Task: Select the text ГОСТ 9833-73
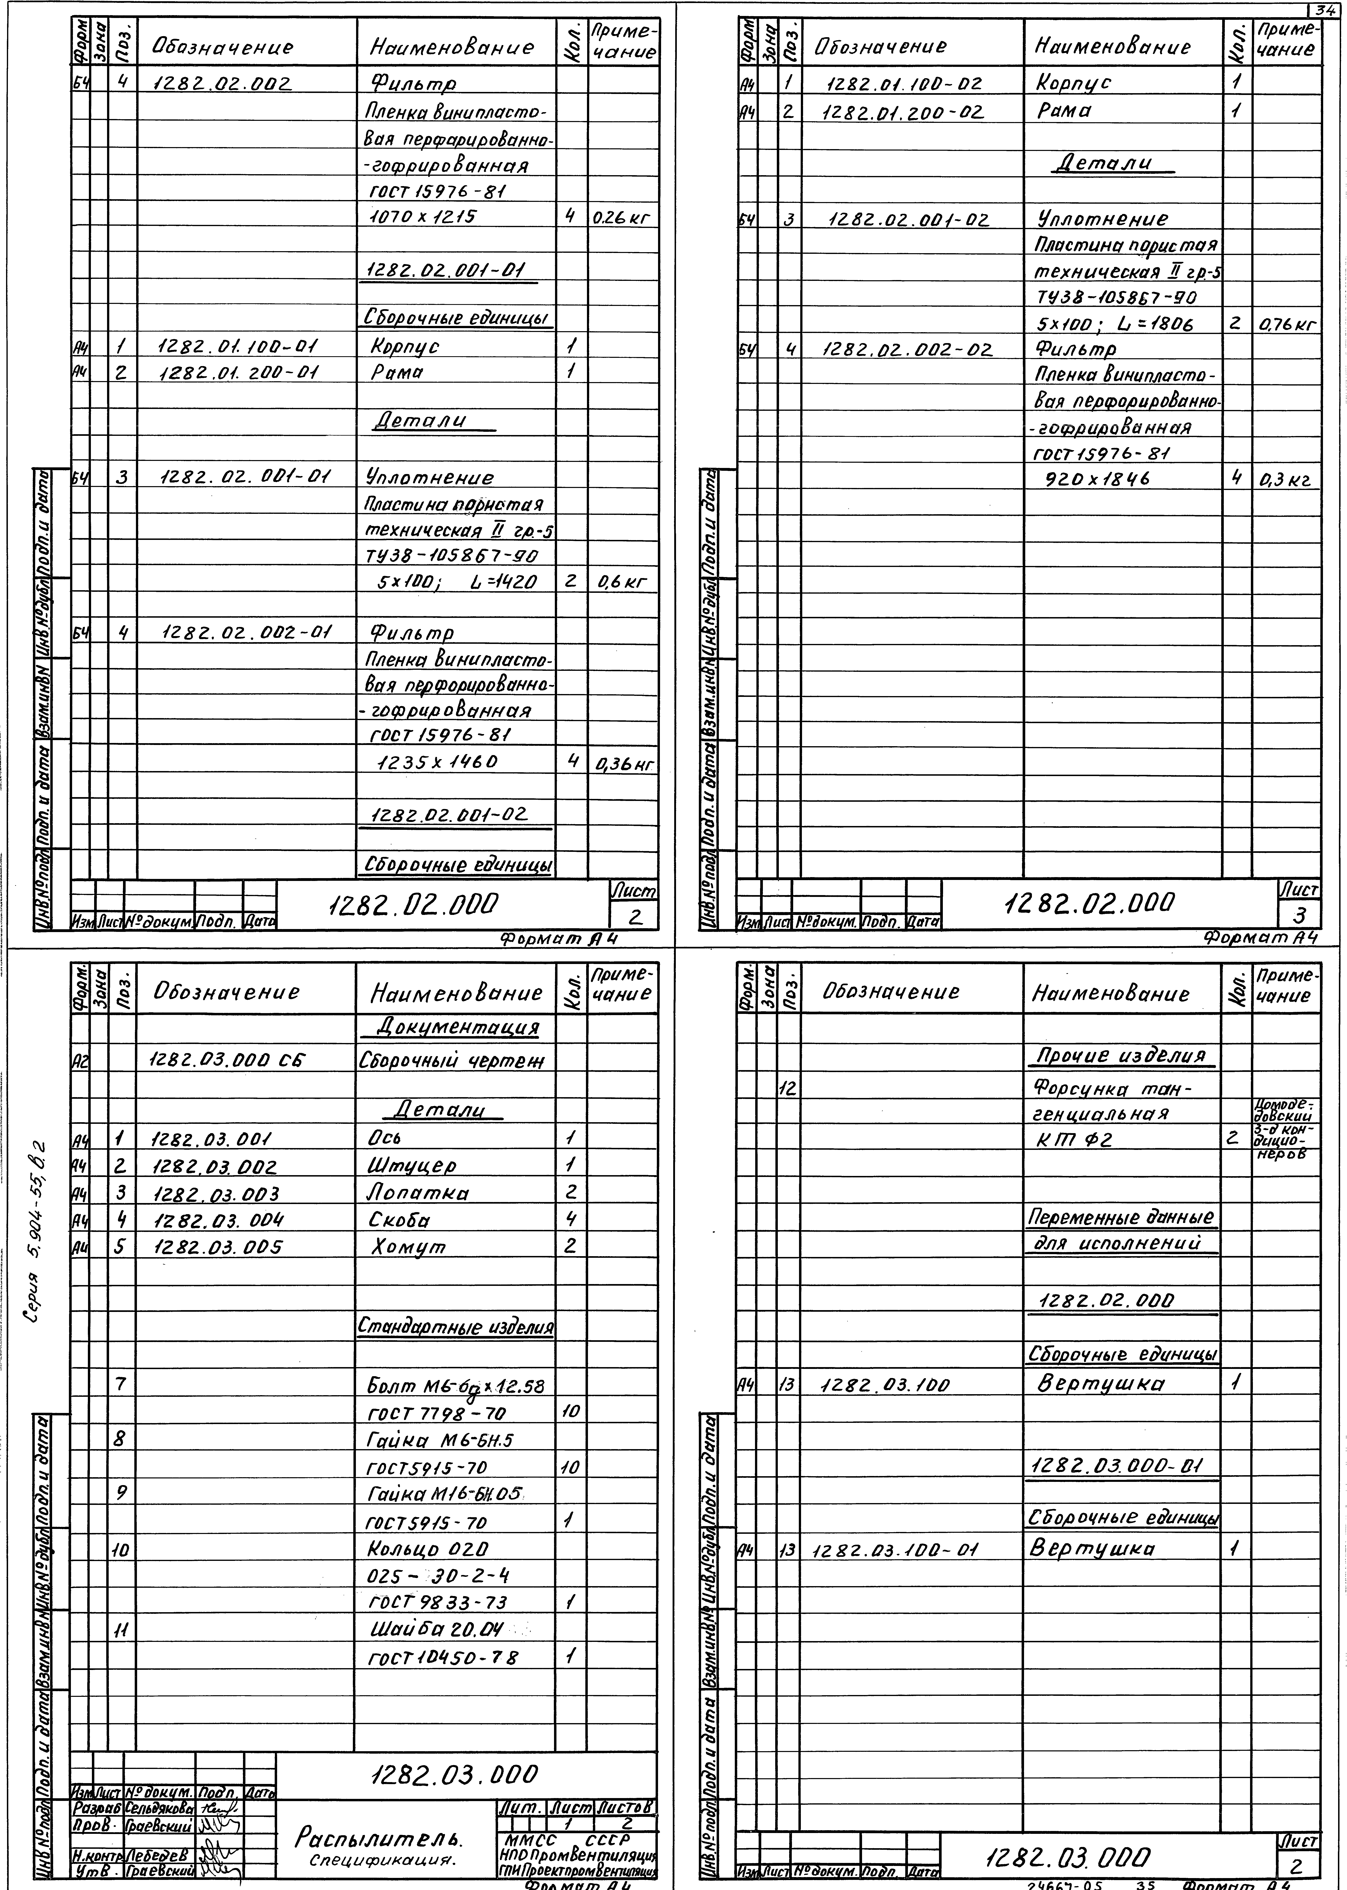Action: click(x=437, y=1602)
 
